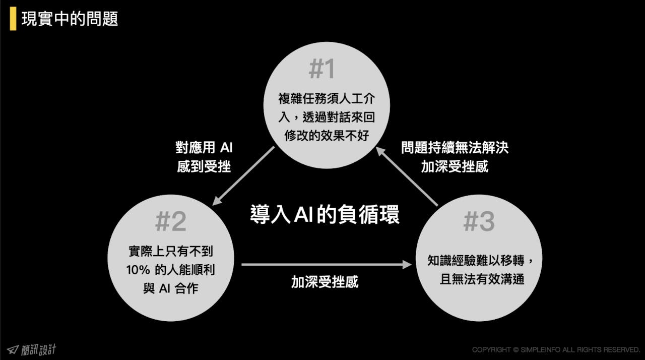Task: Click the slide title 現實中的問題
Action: [70, 19]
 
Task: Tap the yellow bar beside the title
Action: [13, 19]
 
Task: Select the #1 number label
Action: [321, 69]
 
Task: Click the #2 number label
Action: [171, 221]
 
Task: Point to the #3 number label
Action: [479, 221]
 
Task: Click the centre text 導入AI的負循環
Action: [325, 214]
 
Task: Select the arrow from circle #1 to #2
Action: [243, 176]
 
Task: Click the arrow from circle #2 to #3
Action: [327, 264]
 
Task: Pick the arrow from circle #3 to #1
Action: [407, 176]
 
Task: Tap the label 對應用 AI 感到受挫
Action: [204, 157]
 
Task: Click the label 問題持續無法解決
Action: [455, 147]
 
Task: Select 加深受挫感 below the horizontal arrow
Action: [325, 282]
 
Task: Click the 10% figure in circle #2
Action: [138, 270]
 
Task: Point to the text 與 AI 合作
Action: [171, 288]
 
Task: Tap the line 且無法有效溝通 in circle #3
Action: [482, 279]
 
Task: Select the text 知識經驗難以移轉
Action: [476, 261]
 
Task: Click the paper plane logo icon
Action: [13, 349]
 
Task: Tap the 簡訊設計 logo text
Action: [39, 350]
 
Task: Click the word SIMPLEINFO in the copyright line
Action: [541, 349]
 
